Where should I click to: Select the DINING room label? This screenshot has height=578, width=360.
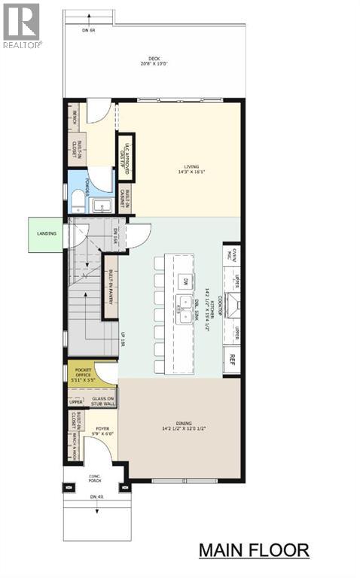click(x=182, y=427)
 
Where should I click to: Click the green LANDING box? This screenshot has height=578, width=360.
click(x=46, y=233)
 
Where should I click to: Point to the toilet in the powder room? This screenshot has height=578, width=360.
click(x=78, y=201)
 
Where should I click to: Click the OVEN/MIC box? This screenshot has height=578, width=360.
click(x=233, y=257)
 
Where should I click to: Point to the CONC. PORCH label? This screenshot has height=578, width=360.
click(x=95, y=477)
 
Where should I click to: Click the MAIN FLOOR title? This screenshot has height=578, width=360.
click(x=253, y=550)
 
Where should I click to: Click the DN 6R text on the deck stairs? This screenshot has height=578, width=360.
click(x=89, y=29)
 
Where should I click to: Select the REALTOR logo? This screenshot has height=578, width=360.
click(x=21, y=25)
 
